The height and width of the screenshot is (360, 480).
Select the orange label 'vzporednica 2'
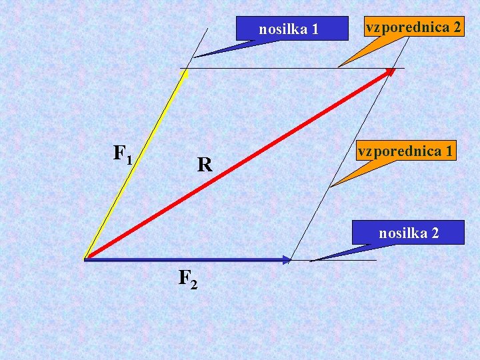click(412, 27)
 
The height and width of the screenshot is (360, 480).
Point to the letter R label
click(205, 165)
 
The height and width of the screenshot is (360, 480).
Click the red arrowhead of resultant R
click(391, 71)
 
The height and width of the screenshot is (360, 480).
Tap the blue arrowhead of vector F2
click(287, 259)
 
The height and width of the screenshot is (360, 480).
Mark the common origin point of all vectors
click(85, 258)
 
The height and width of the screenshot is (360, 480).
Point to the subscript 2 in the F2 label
click(193, 285)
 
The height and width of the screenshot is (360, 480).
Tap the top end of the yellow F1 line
click(187, 71)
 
